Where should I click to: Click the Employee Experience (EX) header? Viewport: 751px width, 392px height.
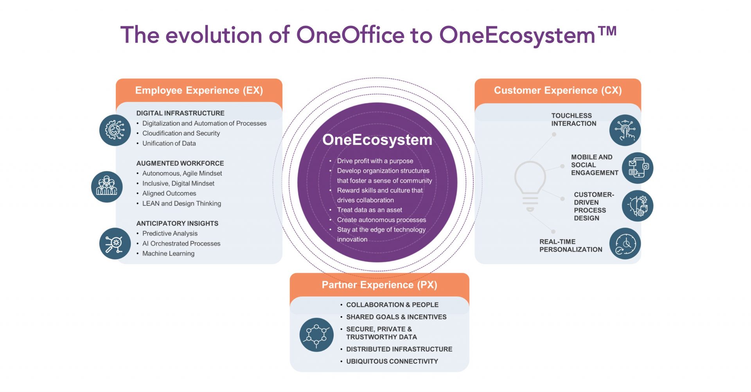pos(199,90)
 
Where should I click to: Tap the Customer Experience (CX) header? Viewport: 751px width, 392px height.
pos(558,90)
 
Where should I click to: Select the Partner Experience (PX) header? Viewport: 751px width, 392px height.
pos(379,285)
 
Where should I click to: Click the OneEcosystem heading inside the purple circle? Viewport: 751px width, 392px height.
pos(377,140)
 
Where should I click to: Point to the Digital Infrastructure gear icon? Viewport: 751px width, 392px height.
pos(115,130)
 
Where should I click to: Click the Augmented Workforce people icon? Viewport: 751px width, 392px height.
pos(107,187)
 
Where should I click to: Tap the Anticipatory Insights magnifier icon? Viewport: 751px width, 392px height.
pos(115,243)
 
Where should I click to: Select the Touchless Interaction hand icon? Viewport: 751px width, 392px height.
pos(625,130)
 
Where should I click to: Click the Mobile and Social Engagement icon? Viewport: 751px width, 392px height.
pos(638,168)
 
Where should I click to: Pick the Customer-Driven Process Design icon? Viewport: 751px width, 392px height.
pos(638,206)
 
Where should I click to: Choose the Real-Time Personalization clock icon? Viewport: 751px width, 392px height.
pos(625,243)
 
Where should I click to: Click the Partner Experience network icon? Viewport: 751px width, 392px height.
pos(316,334)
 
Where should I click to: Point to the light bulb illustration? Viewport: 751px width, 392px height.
pos(530,186)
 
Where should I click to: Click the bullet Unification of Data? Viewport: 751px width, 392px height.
pos(169,144)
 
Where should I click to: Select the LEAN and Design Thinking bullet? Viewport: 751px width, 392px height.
pos(181,203)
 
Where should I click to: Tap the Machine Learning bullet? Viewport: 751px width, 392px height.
pos(168,254)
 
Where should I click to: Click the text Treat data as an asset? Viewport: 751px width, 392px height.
pos(370,210)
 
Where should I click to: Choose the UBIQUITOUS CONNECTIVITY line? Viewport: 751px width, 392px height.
pos(392,361)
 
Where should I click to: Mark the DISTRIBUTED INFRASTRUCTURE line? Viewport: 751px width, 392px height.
pos(399,349)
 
